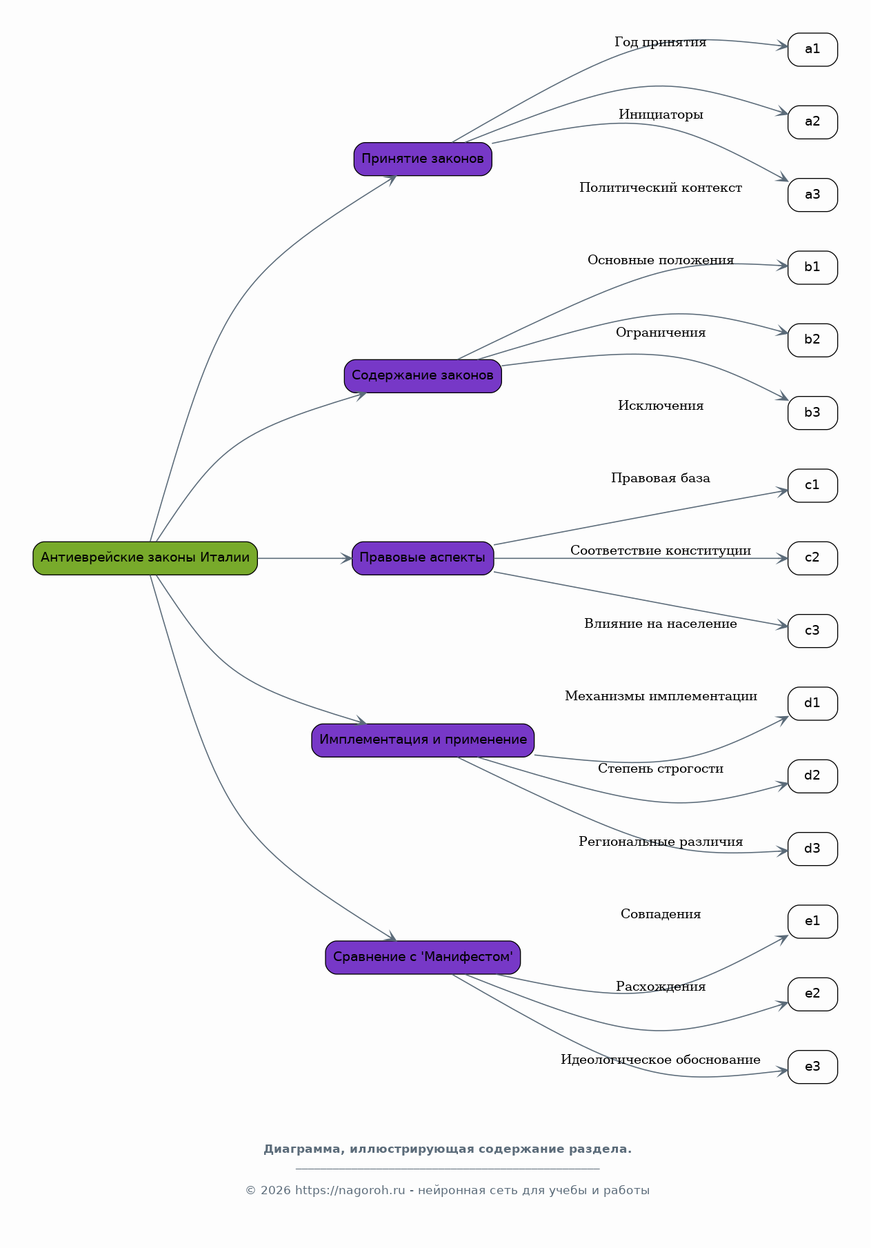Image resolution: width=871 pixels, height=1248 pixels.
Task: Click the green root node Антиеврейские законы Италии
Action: [145, 558]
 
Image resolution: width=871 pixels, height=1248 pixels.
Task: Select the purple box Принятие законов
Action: [423, 159]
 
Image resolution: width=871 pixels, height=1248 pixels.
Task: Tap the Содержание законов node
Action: [423, 376]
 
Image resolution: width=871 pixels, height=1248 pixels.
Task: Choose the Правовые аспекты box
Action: [423, 558]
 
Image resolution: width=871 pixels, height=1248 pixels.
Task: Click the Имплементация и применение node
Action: [423, 740]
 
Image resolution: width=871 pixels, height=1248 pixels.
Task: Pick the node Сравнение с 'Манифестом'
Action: [423, 958]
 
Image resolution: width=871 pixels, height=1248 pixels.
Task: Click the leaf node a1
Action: [812, 50]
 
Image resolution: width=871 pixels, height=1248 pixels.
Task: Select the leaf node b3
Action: [812, 413]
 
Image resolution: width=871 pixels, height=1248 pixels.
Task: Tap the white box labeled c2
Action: [812, 558]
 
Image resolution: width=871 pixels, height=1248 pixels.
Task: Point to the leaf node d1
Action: [812, 704]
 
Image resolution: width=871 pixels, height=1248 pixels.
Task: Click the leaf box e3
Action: [812, 1067]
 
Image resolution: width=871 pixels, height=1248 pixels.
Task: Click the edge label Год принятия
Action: [661, 43]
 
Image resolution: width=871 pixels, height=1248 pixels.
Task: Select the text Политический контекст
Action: [661, 188]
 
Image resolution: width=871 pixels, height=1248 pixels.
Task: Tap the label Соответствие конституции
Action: [661, 551]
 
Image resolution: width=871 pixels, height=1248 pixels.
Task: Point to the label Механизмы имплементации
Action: [661, 696]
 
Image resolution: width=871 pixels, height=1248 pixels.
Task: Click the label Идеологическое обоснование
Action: [661, 1060]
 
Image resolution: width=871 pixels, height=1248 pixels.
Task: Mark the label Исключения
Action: [661, 406]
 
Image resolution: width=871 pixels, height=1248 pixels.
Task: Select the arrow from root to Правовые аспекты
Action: [305, 558]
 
